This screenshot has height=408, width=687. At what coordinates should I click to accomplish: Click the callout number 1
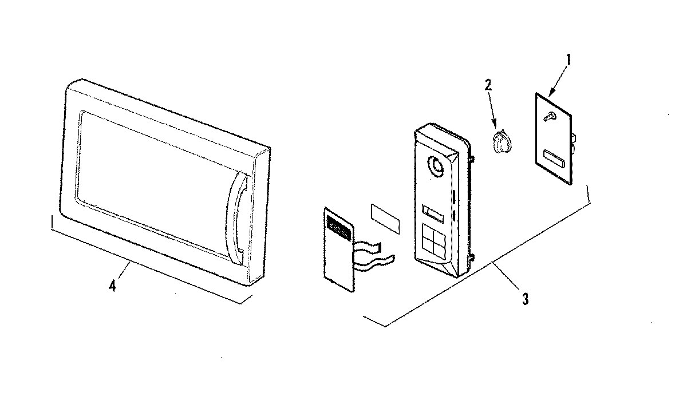568,59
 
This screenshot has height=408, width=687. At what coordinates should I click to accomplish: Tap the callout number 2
488,85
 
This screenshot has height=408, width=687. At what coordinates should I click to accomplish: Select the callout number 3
524,298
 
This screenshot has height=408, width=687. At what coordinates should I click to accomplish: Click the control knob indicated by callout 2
500,141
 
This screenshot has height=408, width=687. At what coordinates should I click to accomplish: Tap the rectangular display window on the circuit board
554,157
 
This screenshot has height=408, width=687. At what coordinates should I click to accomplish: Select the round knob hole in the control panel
437,167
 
